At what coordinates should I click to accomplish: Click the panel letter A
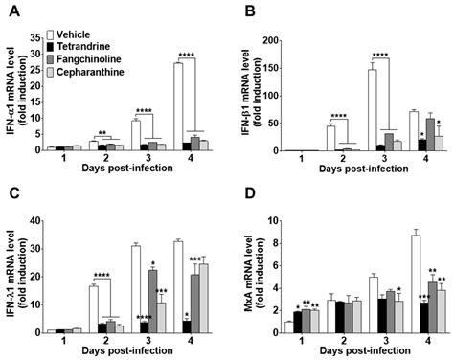(x=15, y=11)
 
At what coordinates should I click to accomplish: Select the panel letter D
(x=250, y=193)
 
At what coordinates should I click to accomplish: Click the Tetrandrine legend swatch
(x=51, y=47)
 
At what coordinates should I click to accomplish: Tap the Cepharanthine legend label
(x=90, y=72)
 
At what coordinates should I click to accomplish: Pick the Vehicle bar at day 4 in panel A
(x=178, y=106)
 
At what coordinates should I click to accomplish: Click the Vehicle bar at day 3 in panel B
(x=372, y=110)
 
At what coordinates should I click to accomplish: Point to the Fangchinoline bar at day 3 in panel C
(x=152, y=302)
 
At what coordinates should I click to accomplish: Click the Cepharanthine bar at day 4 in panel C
(x=204, y=299)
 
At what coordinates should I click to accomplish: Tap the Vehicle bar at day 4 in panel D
(x=416, y=284)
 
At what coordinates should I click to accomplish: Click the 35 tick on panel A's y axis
(x=35, y=38)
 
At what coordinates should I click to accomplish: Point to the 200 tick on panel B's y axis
(x=270, y=40)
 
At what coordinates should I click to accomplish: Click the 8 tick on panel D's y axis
(x=275, y=243)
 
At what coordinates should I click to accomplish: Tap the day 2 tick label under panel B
(x=343, y=159)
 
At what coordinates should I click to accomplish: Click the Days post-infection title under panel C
(x=127, y=350)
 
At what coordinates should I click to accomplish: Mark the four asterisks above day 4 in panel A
(x=187, y=55)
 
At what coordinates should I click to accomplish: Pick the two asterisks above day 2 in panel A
(x=102, y=132)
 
